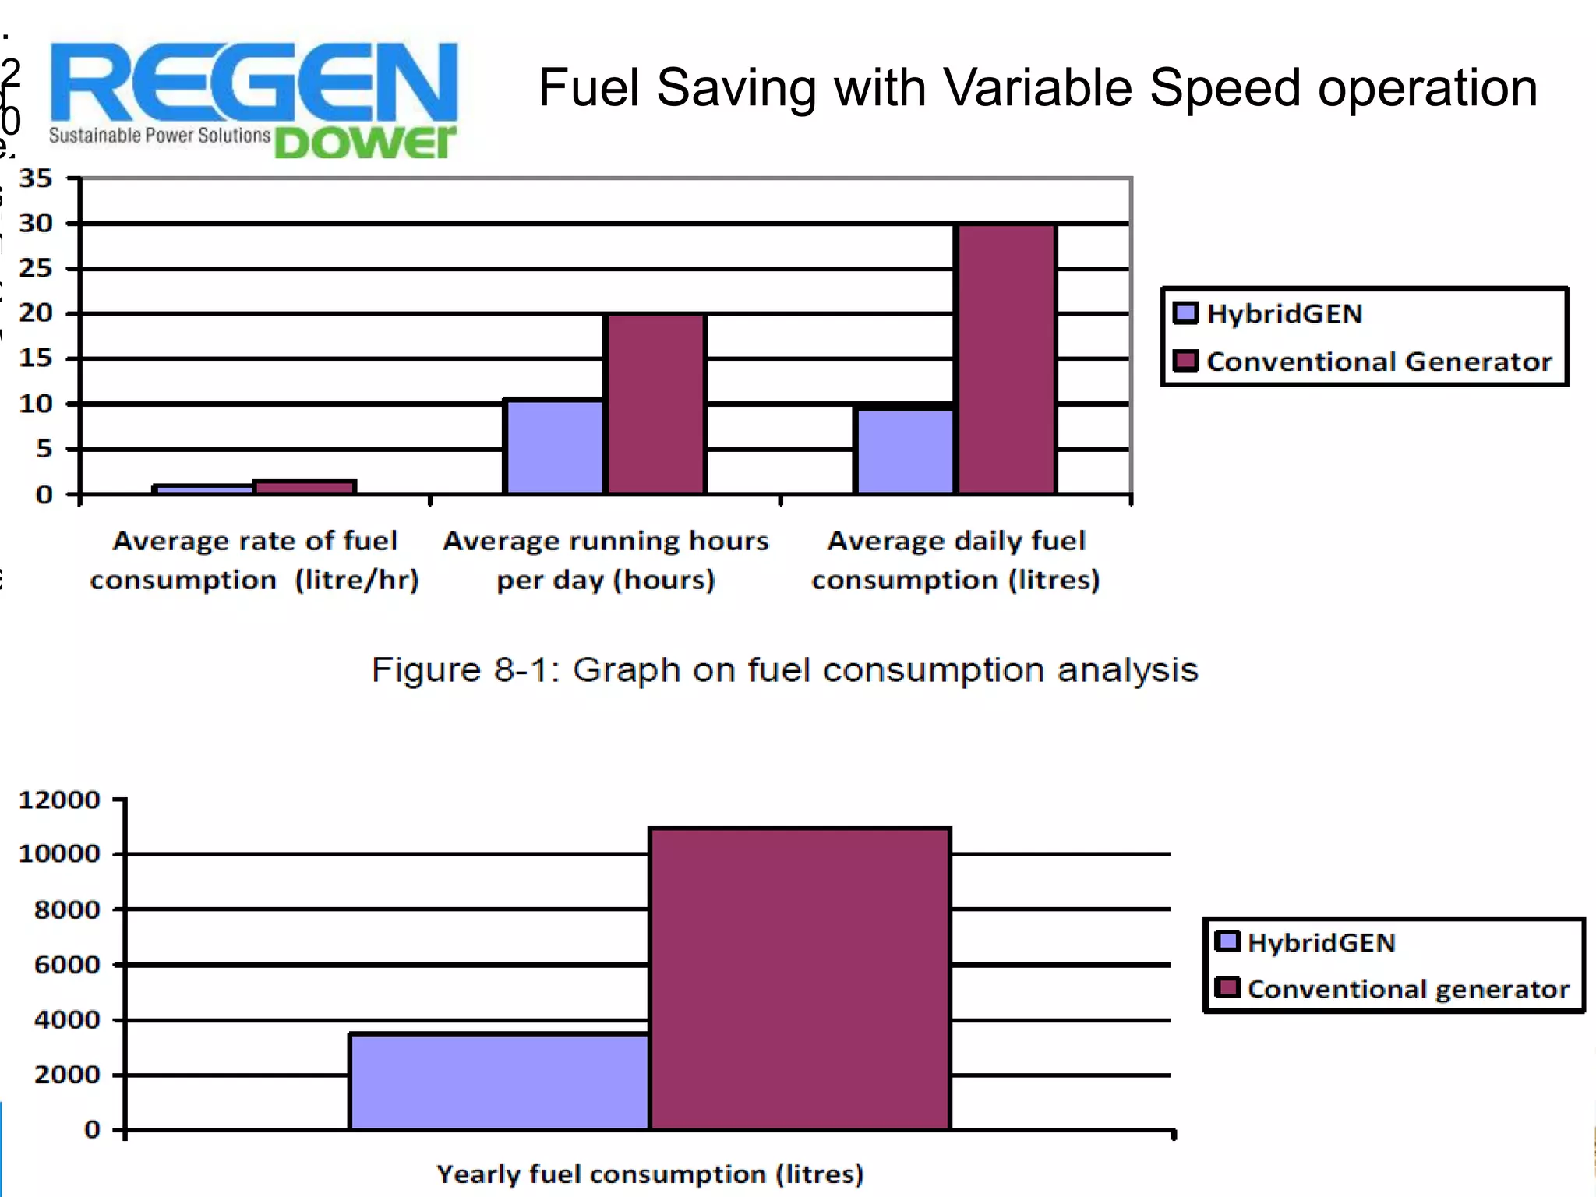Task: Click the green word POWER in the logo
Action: [x=365, y=142]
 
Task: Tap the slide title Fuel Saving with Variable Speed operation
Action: [x=1037, y=87]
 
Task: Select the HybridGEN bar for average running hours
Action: [x=554, y=447]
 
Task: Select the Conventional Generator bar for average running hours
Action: [x=655, y=404]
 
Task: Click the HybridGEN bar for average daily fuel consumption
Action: [x=905, y=450]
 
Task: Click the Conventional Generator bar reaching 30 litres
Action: [x=1006, y=358]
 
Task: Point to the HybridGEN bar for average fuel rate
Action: [x=203, y=489]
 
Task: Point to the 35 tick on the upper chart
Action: [x=36, y=178]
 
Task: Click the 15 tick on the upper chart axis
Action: [x=36, y=358]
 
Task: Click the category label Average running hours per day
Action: [x=606, y=560]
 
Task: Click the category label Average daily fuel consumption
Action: [x=955, y=560]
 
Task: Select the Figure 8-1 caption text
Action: [x=784, y=670]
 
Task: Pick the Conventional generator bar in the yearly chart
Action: [x=800, y=979]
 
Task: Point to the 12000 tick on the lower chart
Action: [x=59, y=800]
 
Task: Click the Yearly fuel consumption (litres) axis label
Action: [x=650, y=1174]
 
